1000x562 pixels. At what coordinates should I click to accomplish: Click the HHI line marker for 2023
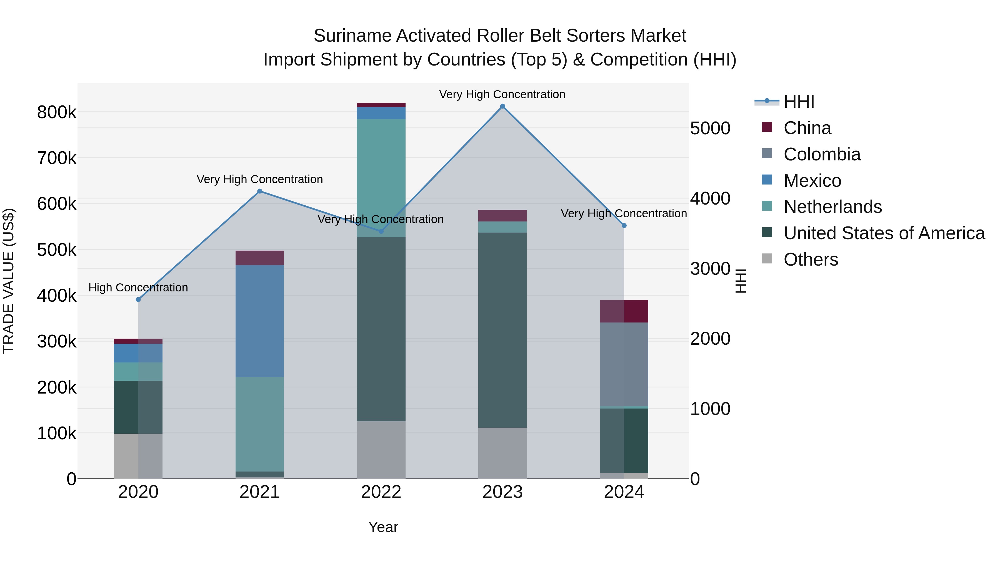point(502,106)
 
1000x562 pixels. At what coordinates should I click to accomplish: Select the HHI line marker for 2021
point(260,191)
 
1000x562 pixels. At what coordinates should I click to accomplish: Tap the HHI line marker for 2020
point(138,299)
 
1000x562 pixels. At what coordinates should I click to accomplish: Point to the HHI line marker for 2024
point(624,225)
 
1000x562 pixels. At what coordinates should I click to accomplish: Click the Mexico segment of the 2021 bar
point(260,321)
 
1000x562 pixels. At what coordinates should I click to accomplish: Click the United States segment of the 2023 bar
point(502,330)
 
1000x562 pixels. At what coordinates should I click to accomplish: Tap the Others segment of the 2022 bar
point(381,450)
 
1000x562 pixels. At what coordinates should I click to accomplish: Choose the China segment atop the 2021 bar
point(260,258)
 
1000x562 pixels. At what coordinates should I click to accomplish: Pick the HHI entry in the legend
point(799,102)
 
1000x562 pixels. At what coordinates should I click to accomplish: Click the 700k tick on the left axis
point(57,158)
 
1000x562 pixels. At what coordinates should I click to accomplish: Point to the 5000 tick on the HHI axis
point(710,128)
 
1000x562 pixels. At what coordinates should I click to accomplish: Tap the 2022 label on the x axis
point(381,492)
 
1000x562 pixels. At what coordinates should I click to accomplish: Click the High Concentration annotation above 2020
point(138,288)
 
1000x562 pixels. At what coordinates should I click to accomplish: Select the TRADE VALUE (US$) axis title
point(9,281)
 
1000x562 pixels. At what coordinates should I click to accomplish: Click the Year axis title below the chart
point(383,527)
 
